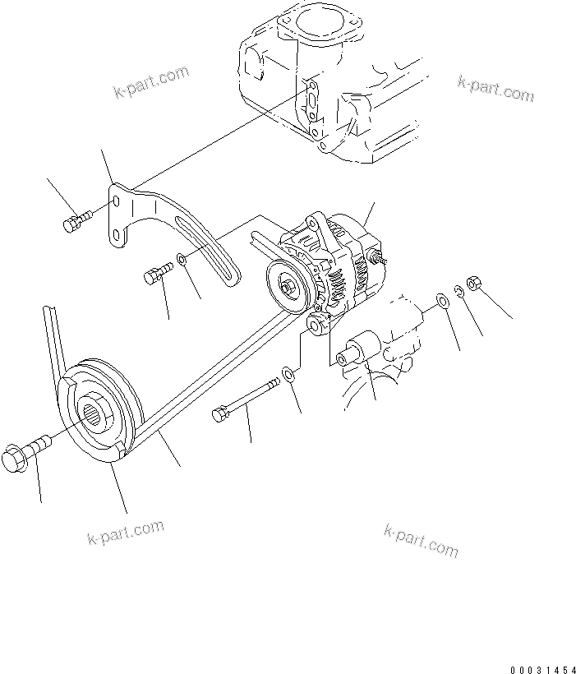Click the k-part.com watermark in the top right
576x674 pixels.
495,89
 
